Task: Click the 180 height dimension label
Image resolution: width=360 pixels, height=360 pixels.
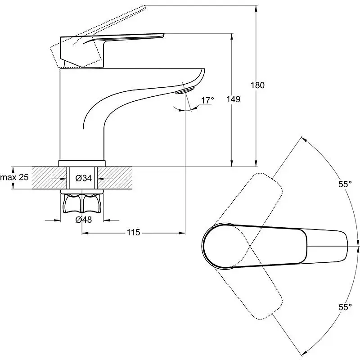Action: pos(257,85)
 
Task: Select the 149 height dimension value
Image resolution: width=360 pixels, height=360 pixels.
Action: pos(233,99)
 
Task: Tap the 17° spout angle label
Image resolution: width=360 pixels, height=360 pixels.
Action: pos(207,100)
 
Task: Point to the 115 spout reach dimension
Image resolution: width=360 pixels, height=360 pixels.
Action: pos(133,233)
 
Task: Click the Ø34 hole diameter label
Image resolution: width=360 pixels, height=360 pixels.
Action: pos(84,178)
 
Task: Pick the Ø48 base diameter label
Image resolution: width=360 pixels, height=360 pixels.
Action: pos(84,220)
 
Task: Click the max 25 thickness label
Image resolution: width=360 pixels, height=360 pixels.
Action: pos(14,177)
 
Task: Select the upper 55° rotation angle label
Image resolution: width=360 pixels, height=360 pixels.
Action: pos(345,184)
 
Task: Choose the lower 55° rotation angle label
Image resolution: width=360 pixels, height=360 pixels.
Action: pos(345,307)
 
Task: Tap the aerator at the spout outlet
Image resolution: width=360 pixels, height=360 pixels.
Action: pos(184,90)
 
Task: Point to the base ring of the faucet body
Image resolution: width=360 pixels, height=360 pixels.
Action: pos(82,163)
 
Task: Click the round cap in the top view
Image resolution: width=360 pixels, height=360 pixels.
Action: pos(218,245)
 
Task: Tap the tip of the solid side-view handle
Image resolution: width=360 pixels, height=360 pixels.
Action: pos(164,35)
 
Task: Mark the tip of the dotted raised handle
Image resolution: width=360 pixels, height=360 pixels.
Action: pos(145,7)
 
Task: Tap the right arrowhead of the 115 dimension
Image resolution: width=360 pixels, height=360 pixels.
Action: pos(182,233)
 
